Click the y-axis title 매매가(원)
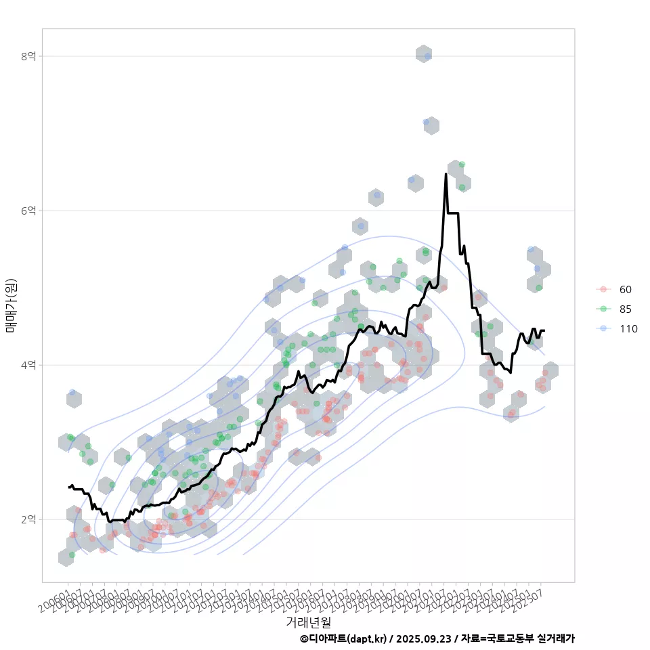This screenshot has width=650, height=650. [x=11, y=305]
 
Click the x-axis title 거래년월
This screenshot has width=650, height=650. [x=308, y=622]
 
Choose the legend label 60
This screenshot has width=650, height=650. [x=625, y=290]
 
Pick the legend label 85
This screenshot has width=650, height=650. [x=625, y=309]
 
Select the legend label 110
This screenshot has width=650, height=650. [x=628, y=329]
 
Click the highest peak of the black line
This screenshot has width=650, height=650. [x=446, y=174]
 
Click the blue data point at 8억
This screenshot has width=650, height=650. [x=427, y=56]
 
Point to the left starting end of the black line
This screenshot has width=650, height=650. [x=68, y=487]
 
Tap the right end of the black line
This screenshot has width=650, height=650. [x=544, y=330]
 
